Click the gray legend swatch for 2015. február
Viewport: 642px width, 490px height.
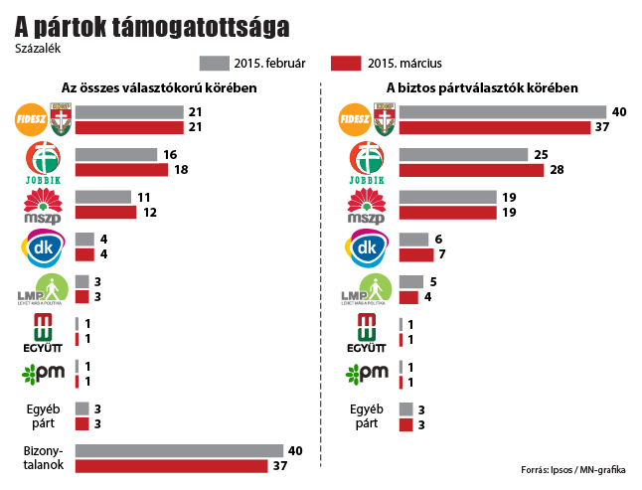click(x=214, y=64)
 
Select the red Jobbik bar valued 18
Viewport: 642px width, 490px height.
click(x=123, y=170)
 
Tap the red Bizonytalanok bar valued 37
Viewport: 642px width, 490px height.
click(x=170, y=466)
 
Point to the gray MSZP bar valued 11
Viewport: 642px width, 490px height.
click(x=102, y=197)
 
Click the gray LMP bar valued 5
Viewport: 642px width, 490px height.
click(x=409, y=281)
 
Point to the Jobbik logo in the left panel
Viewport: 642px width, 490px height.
click(x=43, y=162)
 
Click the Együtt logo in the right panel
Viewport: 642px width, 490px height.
click(x=367, y=332)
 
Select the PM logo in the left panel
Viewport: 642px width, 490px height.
click(x=43, y=374)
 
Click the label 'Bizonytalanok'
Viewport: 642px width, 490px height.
click(x=43, y=457)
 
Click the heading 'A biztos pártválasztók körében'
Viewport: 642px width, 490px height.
click(x=482, y=88)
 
